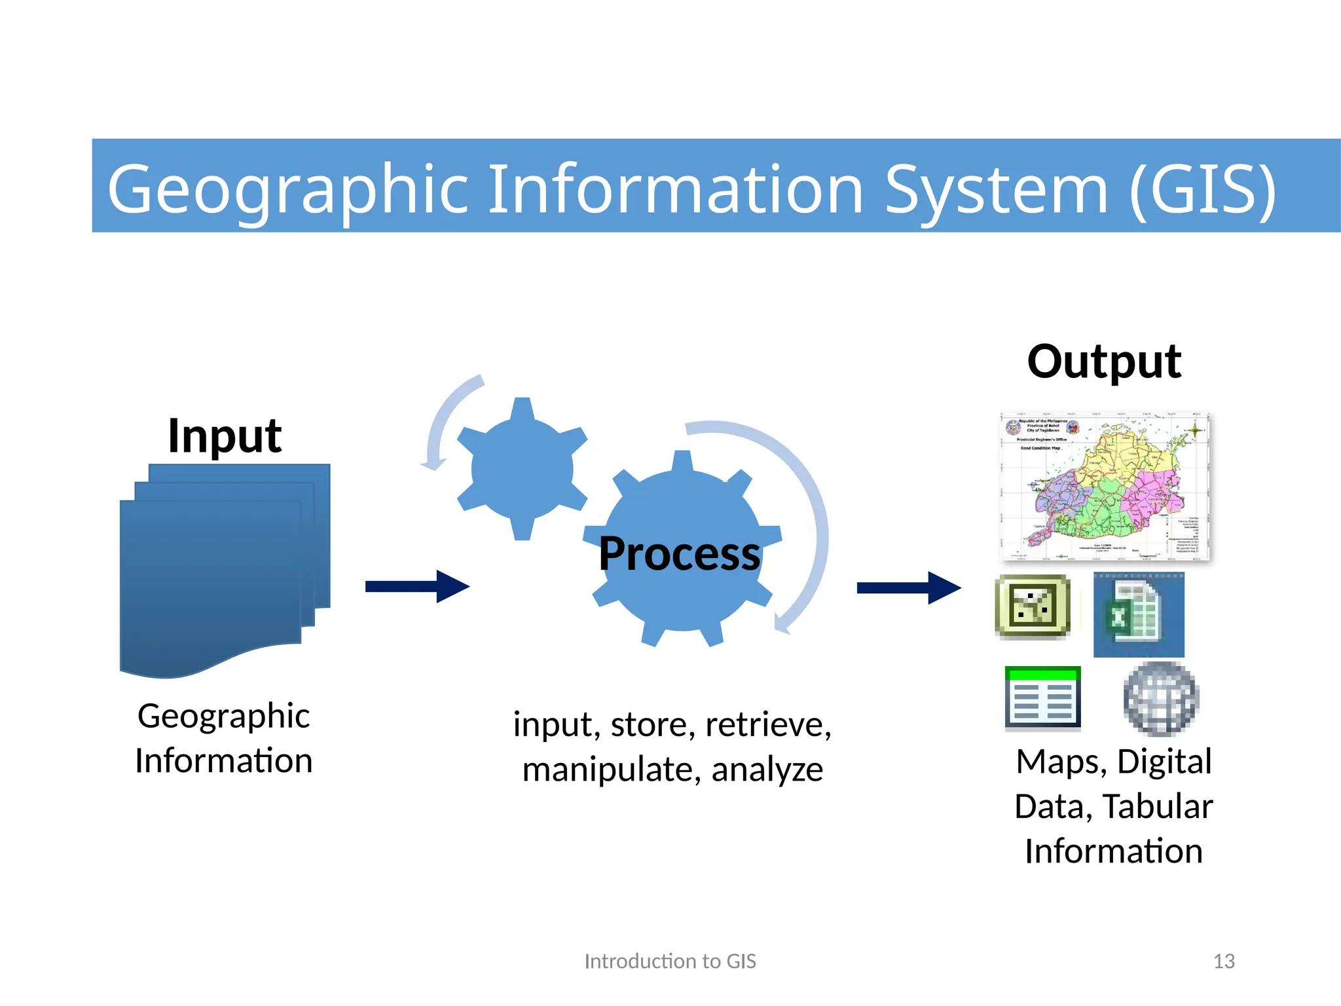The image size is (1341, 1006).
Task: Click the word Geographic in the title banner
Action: pyautogui.click(x=288, y=190)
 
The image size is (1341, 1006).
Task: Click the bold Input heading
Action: pyautogui.click(x=225, y=436)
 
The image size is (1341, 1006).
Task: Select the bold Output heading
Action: pyautogui.click(x=1104, y=362)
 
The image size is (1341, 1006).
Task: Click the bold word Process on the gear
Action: pyautogui.click(x=679, y=554)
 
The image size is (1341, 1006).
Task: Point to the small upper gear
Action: pyautogui.click(x=522, y=468)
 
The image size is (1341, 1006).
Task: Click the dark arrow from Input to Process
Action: pyautogui.click(x=417, y=586)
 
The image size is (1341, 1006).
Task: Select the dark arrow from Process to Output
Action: pyautogui.click(x=908, y=587)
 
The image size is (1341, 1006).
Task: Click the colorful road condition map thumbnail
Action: pyautogui.click(x=1105, y=487)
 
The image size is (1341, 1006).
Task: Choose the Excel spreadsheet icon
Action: pyautogui.click(x=1138, y=615)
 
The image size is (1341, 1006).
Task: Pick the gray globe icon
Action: pyautogui.click(x=1160, y=698)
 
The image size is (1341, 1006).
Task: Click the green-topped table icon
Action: pyautogui.click(x=1042, y=698)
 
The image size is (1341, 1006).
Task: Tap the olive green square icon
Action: pyautogui.click(x=1033, y=606)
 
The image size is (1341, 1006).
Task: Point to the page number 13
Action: pyautogui.click(x=1223, y=961)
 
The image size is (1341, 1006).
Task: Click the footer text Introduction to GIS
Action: pyautogui.click(x=670, y=961)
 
